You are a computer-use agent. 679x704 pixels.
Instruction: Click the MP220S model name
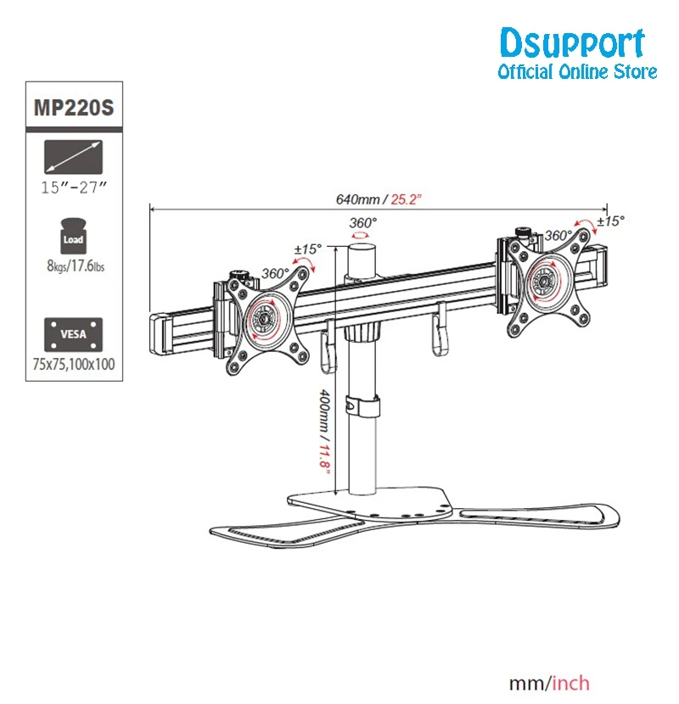pyautogui.click(x=74, y=108)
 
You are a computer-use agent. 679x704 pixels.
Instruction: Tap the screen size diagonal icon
pyautogui.click(x=73, y=157)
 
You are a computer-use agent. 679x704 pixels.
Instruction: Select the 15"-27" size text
pyautogui.click(x=74, y=187)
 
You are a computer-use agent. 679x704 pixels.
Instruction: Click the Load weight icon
pyautogui.click(x=73, y=236)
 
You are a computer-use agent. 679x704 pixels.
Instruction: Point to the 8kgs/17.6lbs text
pyautogui.click(x=76, y=265)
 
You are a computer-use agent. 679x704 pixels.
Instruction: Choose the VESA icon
pyautogui.click(x=73, y=334)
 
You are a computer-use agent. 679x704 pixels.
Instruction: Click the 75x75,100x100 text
pyautogui.click(x=74, y=364)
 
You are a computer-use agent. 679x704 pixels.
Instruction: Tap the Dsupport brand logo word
pyautogui.click(x=573, y=43)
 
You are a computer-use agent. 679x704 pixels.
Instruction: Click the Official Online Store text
pyautogui.click(x=577, y=72)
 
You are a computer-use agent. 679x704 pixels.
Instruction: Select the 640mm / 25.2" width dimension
pyautogui.click(x=379, y=199)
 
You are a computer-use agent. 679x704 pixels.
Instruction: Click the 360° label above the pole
pyautogui.click(x=363, y=223)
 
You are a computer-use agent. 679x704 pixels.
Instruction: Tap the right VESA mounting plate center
pyautogui.click(x=546, y=282)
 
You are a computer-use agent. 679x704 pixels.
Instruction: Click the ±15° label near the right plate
pyautogui.click(x=611, y=221)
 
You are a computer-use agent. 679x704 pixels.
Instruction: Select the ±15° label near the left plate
pyautogui.click(x=308, y=249)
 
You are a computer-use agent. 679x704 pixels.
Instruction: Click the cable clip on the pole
pyautogui.click(x=362, y=405)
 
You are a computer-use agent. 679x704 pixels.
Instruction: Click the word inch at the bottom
pyautogui.click(x=570, y=684)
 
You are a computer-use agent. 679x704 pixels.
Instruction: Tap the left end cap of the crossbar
pyautogui.click(x=160, y=334)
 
